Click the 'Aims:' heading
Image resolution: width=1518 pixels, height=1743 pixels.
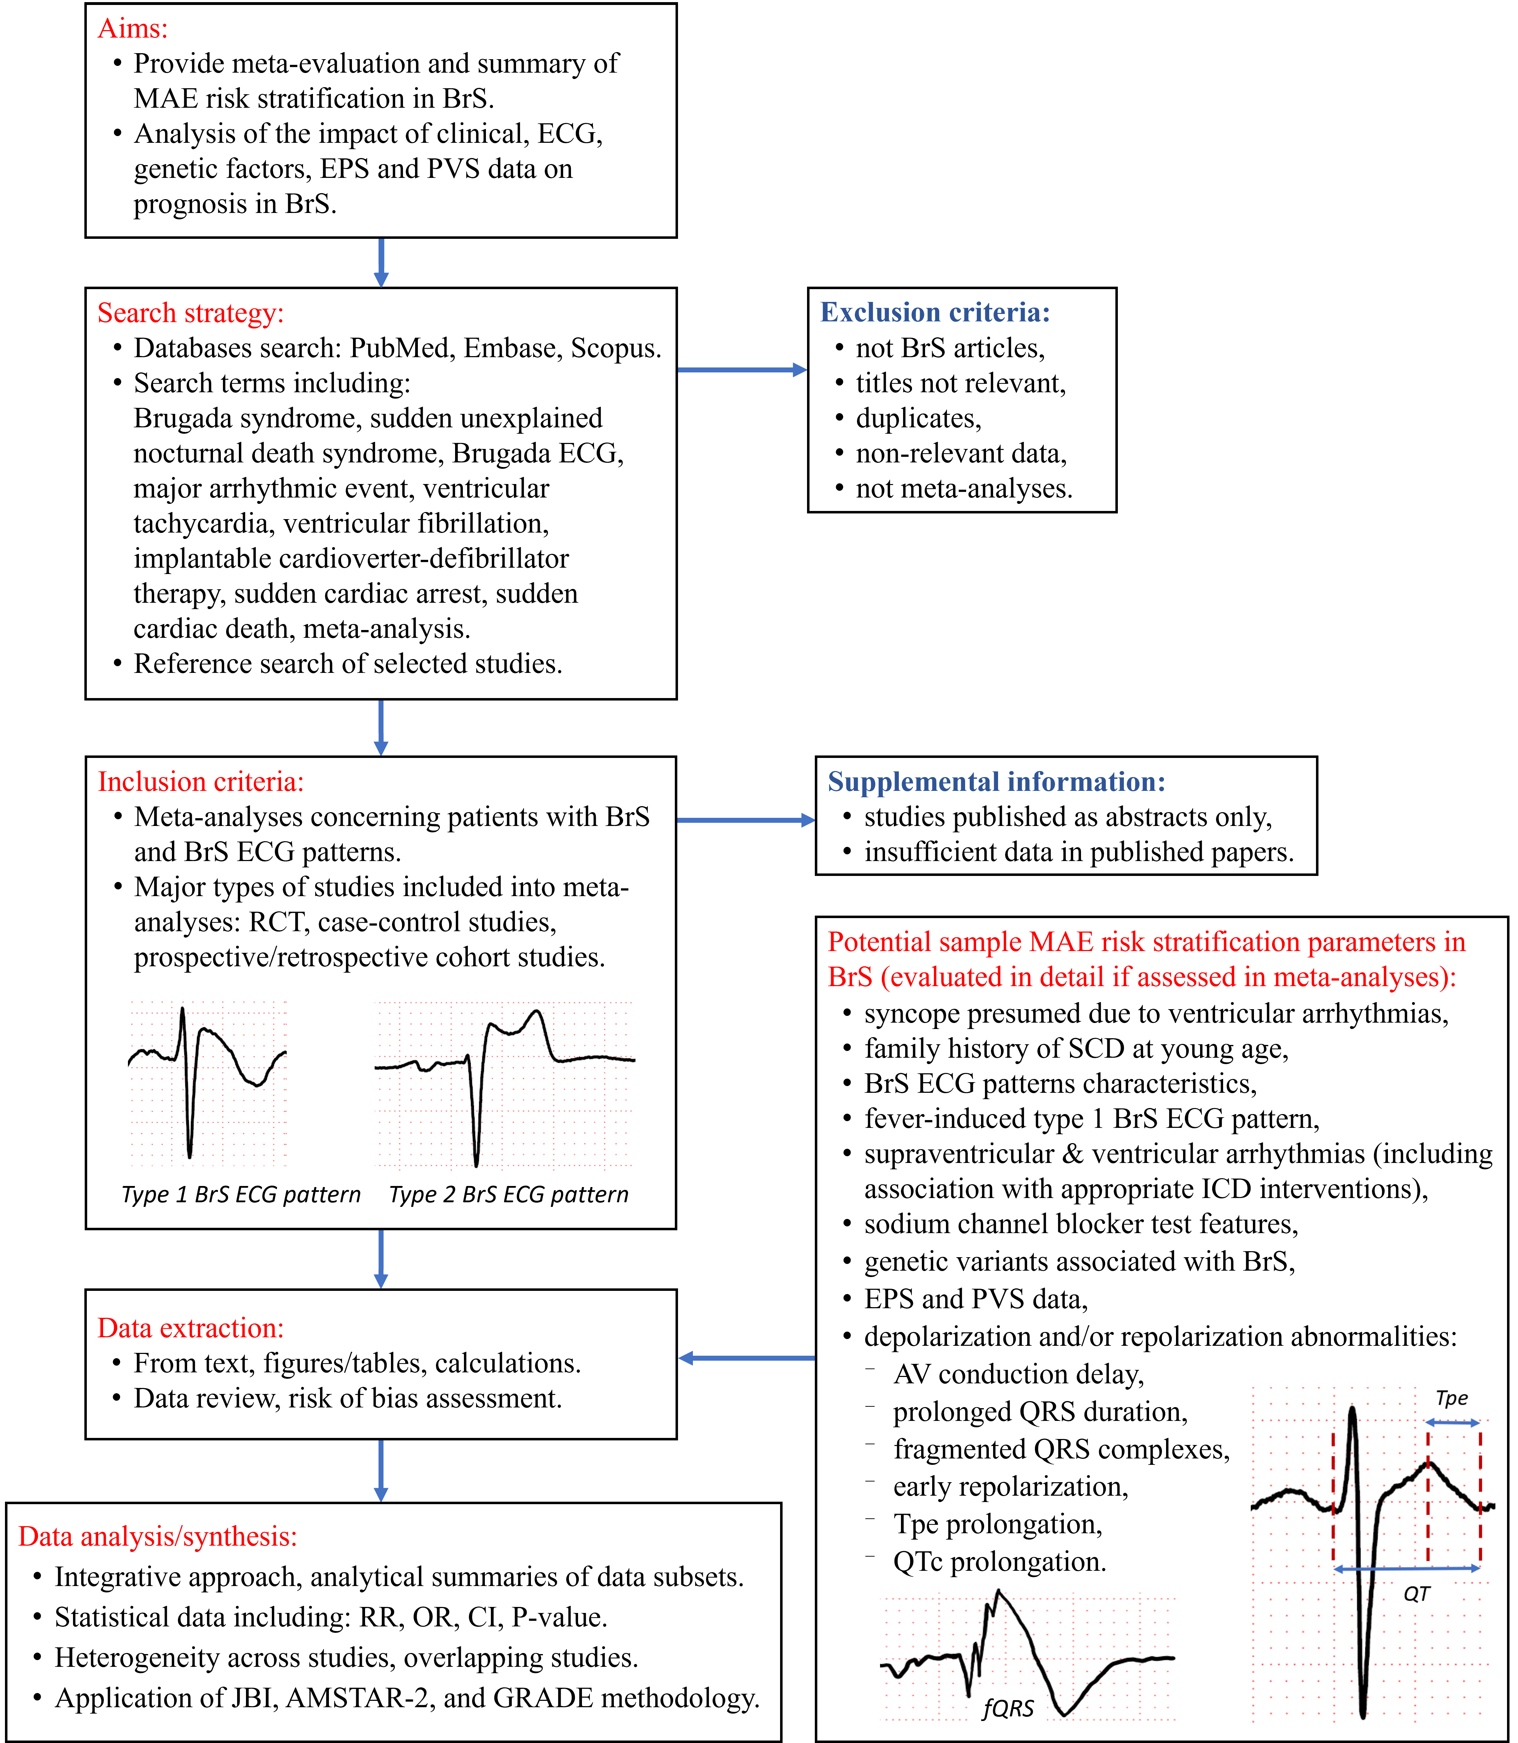pyautogui.click(x=133, y=29)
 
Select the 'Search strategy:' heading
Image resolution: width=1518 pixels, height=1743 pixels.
pyautogui.click(x=191, y=313)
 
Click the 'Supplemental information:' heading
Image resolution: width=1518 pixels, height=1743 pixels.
pyautogui.click(x=996, y=782)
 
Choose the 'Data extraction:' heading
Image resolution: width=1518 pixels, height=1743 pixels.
pyautogui.click(x=191, y=1328)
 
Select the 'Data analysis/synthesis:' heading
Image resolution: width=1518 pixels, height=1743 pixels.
pyautogui.click(x=158, y=1536)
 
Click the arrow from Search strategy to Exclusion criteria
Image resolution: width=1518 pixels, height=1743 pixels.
pyautogui.click(x=742, y=369)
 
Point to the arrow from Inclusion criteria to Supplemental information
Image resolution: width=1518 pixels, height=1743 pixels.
pyautogui.click(x=745, y=820)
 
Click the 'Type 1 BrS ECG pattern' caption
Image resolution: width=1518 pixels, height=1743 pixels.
pyautogui.click(x=241, y=1195)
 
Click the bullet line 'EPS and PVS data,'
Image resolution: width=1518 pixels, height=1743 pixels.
pyautogui.click(x=976, y=1299)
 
